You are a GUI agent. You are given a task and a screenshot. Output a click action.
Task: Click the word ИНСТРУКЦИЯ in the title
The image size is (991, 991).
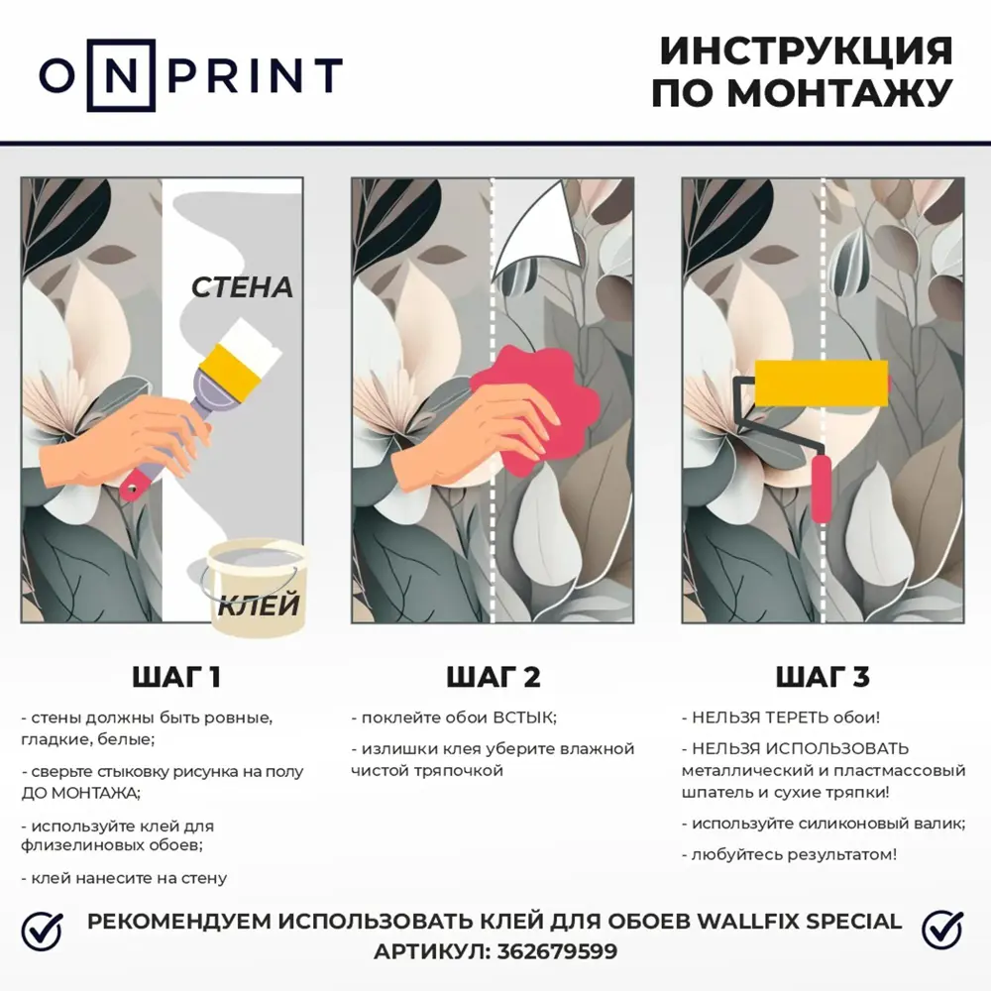(x=805, y=51)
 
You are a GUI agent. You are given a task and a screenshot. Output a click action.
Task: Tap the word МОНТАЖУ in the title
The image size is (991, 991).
(x=840, y=93)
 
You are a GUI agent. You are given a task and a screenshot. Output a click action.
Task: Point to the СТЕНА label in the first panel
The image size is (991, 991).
(x=242, y=287)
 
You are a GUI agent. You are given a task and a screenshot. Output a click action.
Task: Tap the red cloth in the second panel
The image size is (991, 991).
(x=535, y=401)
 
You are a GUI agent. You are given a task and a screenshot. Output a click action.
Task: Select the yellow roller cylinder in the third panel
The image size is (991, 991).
(x=822, y=384)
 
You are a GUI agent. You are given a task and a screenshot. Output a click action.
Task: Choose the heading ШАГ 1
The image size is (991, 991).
(x=176, y=678)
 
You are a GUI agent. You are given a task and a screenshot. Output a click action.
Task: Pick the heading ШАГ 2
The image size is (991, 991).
(x=494, y=678)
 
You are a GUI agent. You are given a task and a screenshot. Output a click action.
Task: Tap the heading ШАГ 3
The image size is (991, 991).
(x=822, y=678)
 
